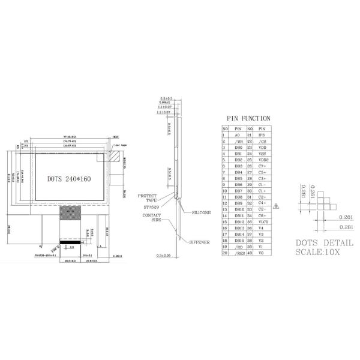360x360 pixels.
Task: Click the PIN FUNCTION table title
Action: pyautogui.click(x=248, y=118)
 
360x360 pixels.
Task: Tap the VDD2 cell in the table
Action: pyautogui.click(x=262, y=160)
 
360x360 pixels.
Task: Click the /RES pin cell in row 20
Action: pyautogui.click(x=238, y=253)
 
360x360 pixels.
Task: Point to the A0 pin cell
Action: pyautogui.click(x=238, y=135)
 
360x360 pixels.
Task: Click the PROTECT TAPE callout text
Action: pyautogui.click(x=147, y=198)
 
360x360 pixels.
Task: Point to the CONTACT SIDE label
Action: pyautogui.click(x=151, y=217)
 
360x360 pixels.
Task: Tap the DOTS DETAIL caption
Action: pyautogui.click(x=324, y=242)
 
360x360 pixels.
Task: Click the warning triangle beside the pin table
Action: pyautogui.click(x=277, y=205)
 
